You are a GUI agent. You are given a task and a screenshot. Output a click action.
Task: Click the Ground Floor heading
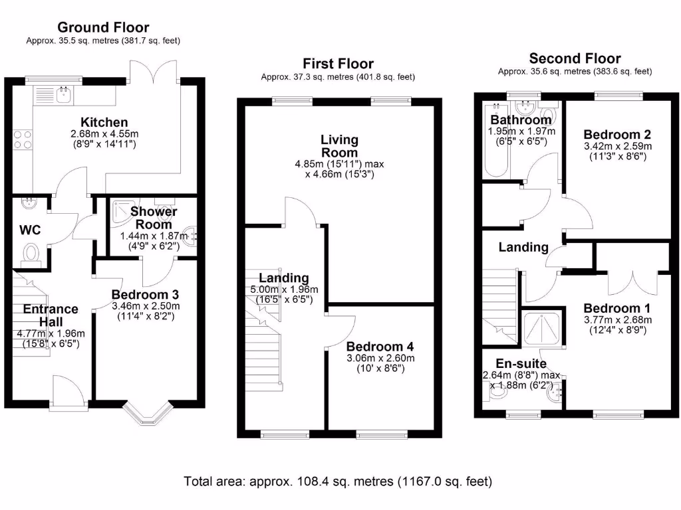coord(103,27)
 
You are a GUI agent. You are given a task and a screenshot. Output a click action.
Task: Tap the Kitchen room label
coord(104,122)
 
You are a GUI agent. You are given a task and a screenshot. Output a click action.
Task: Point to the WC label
coord(30,230)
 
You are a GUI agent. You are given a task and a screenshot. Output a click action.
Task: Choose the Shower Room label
coord(154,218)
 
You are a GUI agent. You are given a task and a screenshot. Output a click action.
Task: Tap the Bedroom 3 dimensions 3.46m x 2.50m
coord(145,306)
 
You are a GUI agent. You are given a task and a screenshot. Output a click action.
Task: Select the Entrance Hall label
coord(51,315)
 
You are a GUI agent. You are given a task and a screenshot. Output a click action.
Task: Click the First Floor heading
coord(338,64)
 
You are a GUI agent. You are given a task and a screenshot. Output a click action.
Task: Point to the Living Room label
coord(339,146)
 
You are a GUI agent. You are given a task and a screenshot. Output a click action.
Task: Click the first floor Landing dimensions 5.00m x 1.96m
coord(284,290)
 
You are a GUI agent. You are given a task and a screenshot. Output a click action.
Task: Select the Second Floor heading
coord(575,58)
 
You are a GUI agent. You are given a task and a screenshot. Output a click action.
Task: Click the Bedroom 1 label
coord(617,309)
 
